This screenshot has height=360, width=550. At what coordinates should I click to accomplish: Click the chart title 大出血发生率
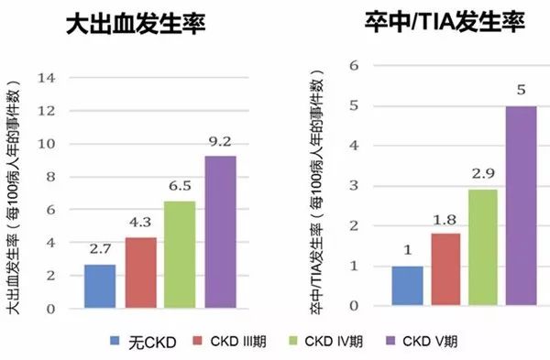[x=136, y=24]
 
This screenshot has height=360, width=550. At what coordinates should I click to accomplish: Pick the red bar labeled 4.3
[x=140, y=272]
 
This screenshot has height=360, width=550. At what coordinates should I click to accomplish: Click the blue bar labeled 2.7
[x=100, y=286]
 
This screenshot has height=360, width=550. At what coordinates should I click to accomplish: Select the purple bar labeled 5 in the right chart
[x=521, y=206]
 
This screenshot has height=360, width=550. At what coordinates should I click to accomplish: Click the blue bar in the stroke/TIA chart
[x=406, y=286]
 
